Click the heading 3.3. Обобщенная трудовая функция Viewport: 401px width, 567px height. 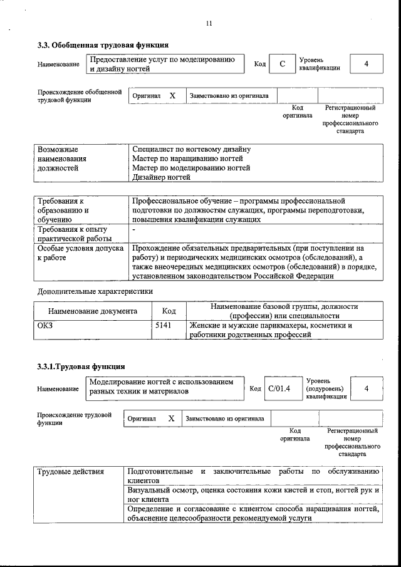(103, 45)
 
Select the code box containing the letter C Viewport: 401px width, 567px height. (283, 64)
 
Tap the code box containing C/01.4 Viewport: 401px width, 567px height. (279, 389)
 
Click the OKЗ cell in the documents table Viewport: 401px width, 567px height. (46, 326)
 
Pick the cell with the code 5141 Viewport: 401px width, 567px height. (163, 326)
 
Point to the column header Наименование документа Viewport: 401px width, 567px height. (92, 311)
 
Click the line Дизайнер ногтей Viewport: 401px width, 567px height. (160, 177)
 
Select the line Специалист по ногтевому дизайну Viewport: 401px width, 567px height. (191, 150)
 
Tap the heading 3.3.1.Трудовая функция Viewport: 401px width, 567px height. (81, 367)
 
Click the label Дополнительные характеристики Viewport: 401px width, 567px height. (95, 291)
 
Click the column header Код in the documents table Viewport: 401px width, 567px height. (169, 311)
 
